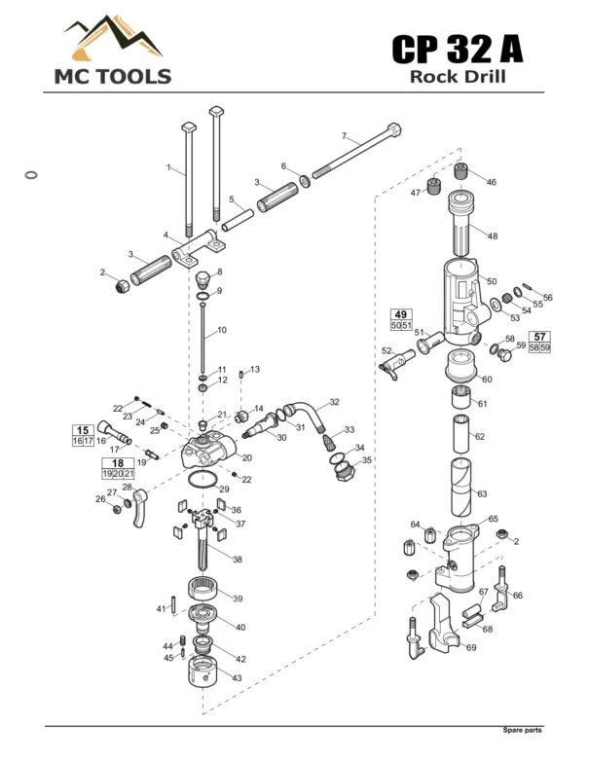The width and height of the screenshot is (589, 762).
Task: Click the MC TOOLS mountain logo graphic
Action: pos(113,37)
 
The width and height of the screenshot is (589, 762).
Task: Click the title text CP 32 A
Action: pos(458,49)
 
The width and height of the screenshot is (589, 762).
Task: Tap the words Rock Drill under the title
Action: pos(458,77)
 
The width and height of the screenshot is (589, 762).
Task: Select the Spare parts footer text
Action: pos(522,730)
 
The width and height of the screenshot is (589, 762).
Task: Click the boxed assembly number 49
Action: pos(401,314)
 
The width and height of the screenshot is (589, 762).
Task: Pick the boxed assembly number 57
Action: pos(539,337)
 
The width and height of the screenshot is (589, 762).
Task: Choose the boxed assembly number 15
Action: pos(83,430)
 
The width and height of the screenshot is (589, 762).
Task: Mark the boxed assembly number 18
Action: pos(118,463)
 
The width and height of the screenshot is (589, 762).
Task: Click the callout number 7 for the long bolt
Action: pos(344,135)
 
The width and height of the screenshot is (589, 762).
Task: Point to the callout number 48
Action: pos(493,236)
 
